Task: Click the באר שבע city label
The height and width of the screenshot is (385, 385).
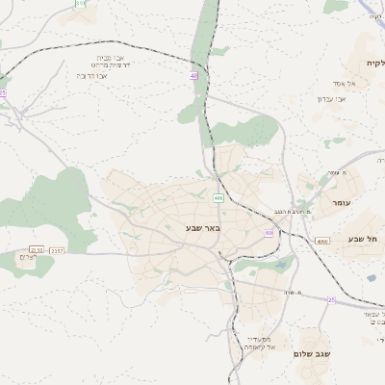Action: [203, 228]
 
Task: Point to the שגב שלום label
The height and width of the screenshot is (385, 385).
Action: [313, 354]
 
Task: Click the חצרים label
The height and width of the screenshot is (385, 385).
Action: [28, 257]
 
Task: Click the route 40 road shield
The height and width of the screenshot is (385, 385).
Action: [193, 75]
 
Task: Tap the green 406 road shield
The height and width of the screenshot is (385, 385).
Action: [218, 198]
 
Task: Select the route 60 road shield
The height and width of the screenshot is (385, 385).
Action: [269, 233]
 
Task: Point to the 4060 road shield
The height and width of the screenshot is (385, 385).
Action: [321, 241]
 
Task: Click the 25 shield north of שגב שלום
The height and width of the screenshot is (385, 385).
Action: [331, 299]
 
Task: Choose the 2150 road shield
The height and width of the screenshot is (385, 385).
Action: [37, 249]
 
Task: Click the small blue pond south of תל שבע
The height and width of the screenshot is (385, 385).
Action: [372, 278]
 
